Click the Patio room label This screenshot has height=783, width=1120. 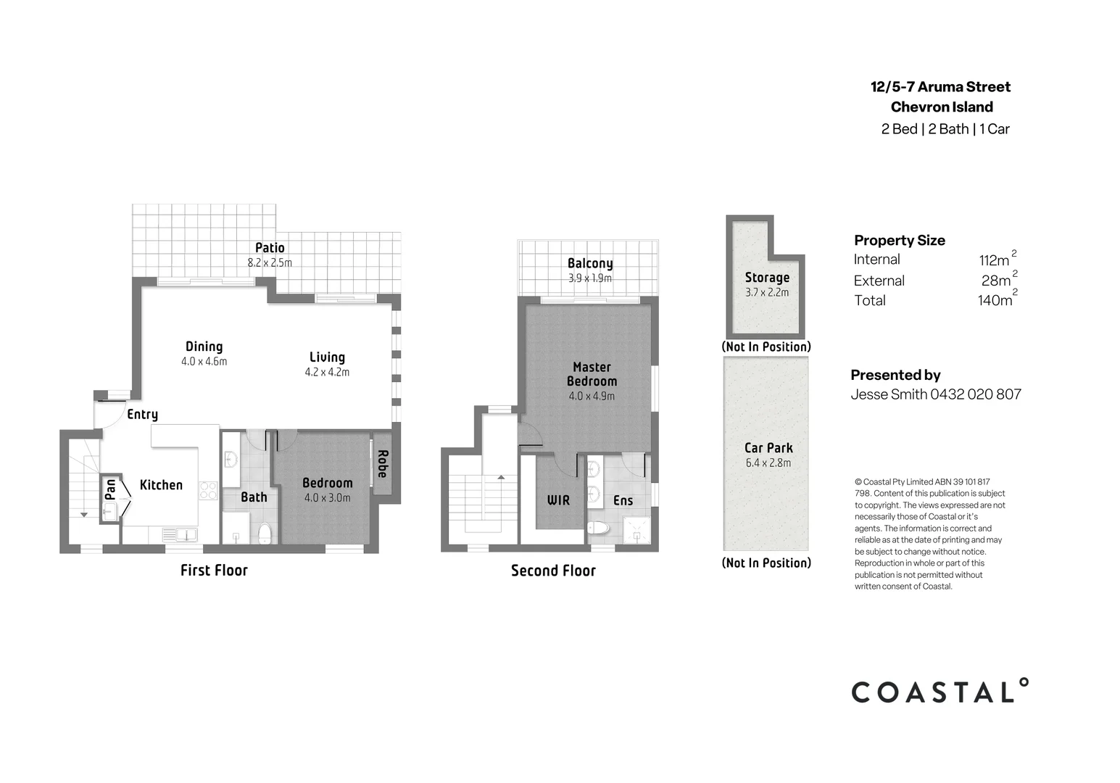[270, 248]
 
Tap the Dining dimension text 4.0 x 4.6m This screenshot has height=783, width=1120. [204, 362]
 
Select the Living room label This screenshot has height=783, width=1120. [327, 357]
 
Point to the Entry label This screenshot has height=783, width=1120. [142, 414]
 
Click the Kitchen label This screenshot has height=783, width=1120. [161, 485]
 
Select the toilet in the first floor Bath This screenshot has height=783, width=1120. [265, 534]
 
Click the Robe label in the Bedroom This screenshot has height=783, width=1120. [383, 464]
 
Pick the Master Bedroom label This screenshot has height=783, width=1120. [592, 374]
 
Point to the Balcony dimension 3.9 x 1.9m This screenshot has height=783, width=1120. [589, 278]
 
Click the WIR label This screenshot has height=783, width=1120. [558, 500]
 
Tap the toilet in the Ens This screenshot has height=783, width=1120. [598, 528]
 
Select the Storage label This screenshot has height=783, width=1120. [767, 277]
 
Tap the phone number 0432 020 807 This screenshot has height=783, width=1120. [976, 394]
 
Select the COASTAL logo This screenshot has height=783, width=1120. [939, 692]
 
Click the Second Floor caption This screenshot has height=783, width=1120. [553, 571]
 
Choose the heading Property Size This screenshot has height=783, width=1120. [899, 240]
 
